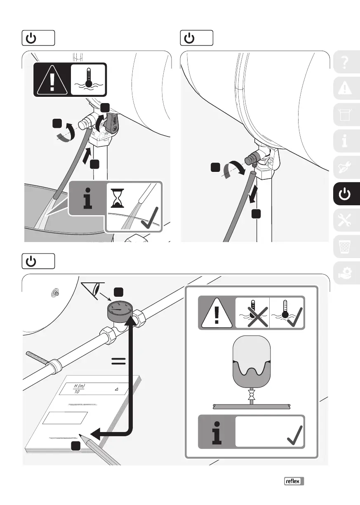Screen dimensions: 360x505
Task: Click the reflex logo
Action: pos(294,481)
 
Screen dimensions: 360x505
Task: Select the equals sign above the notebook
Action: pos(118,362)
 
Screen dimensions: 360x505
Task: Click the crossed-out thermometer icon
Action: pos(252,313)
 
